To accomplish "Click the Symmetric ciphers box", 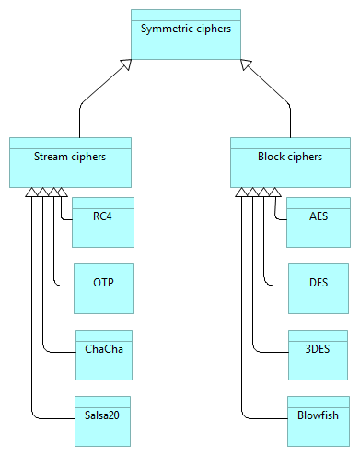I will [x=185, y=33].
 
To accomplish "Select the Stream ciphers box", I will [x=70, y=161].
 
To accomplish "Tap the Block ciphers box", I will [x=291, y=161].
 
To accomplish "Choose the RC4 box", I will [x=103, y=222].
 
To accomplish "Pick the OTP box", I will [x=103, y=288].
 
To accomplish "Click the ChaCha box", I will [x=103, y=355].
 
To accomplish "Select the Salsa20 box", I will [x=103, y=421].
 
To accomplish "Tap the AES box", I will [x=318, y=222].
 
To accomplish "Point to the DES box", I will [x=318, y=288].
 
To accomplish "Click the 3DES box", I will [x=318, y=355].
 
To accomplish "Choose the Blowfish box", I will [x=318, y=421].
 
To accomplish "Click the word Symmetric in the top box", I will [x=165, y=29].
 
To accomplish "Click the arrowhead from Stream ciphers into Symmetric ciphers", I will [x=126, y=64].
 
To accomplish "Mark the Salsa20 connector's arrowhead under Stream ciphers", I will [x=31, y=192].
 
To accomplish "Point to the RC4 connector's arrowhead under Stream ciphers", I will [x=62, y=192].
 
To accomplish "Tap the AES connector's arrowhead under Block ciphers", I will [x=274, y=192].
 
